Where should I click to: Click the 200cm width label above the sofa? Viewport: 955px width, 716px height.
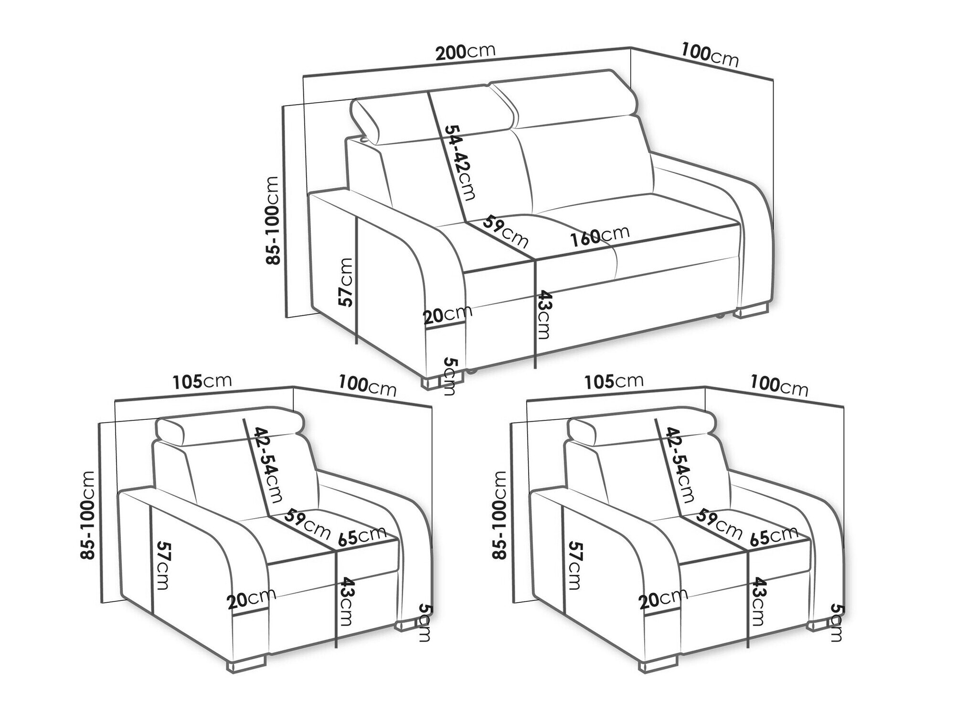tap(465, 52)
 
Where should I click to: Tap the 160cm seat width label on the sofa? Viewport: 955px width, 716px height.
tap(599, 235)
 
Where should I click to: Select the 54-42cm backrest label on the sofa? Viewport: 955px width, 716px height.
tap(458, 162)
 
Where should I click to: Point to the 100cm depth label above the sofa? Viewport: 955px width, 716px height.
tap(710, 55)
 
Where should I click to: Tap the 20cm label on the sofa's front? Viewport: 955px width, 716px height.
tap(447, 315)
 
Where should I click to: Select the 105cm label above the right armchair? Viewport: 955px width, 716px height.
tap(614, 381)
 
